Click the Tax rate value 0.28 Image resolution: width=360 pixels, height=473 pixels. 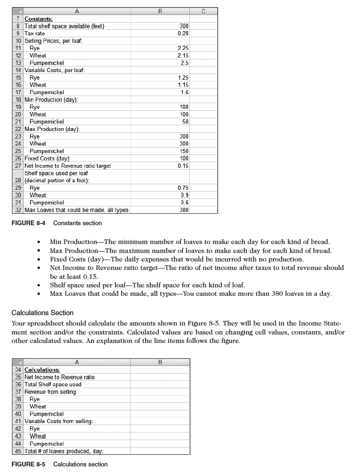[x=183, y=33]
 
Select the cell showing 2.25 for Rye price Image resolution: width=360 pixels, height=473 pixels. [x=183, y=48]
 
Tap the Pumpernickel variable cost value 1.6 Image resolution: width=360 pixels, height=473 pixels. [x=184, y=92]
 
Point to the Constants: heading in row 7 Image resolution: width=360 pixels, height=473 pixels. [x=39, y=18]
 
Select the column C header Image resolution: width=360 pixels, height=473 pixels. [x=204, y=10]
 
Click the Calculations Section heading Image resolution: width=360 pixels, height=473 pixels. [x=42, y=313]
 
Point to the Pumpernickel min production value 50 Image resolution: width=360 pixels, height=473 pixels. [x=185, y=122]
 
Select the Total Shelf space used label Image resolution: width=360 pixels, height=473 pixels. [x=53, y=384]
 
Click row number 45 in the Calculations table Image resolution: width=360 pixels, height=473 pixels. [x=18, y=451]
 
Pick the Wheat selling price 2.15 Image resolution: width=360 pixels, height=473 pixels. [x=183, y=56]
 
